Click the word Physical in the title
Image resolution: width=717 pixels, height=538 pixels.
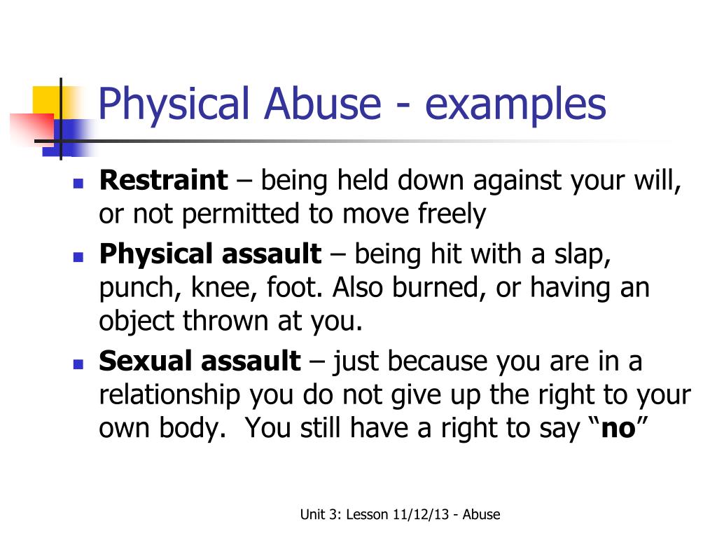tap(174, 104)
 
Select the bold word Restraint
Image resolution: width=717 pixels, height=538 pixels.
tap(164, 181)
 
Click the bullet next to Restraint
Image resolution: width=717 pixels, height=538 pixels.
tap(78, 185)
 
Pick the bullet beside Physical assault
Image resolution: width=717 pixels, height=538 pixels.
tap(78, 257)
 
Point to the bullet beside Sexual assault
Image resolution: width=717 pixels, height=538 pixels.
tap(78, 366)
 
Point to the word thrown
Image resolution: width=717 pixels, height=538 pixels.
tap(225, 321)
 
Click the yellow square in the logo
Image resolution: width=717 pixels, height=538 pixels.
tap(46, 98)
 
